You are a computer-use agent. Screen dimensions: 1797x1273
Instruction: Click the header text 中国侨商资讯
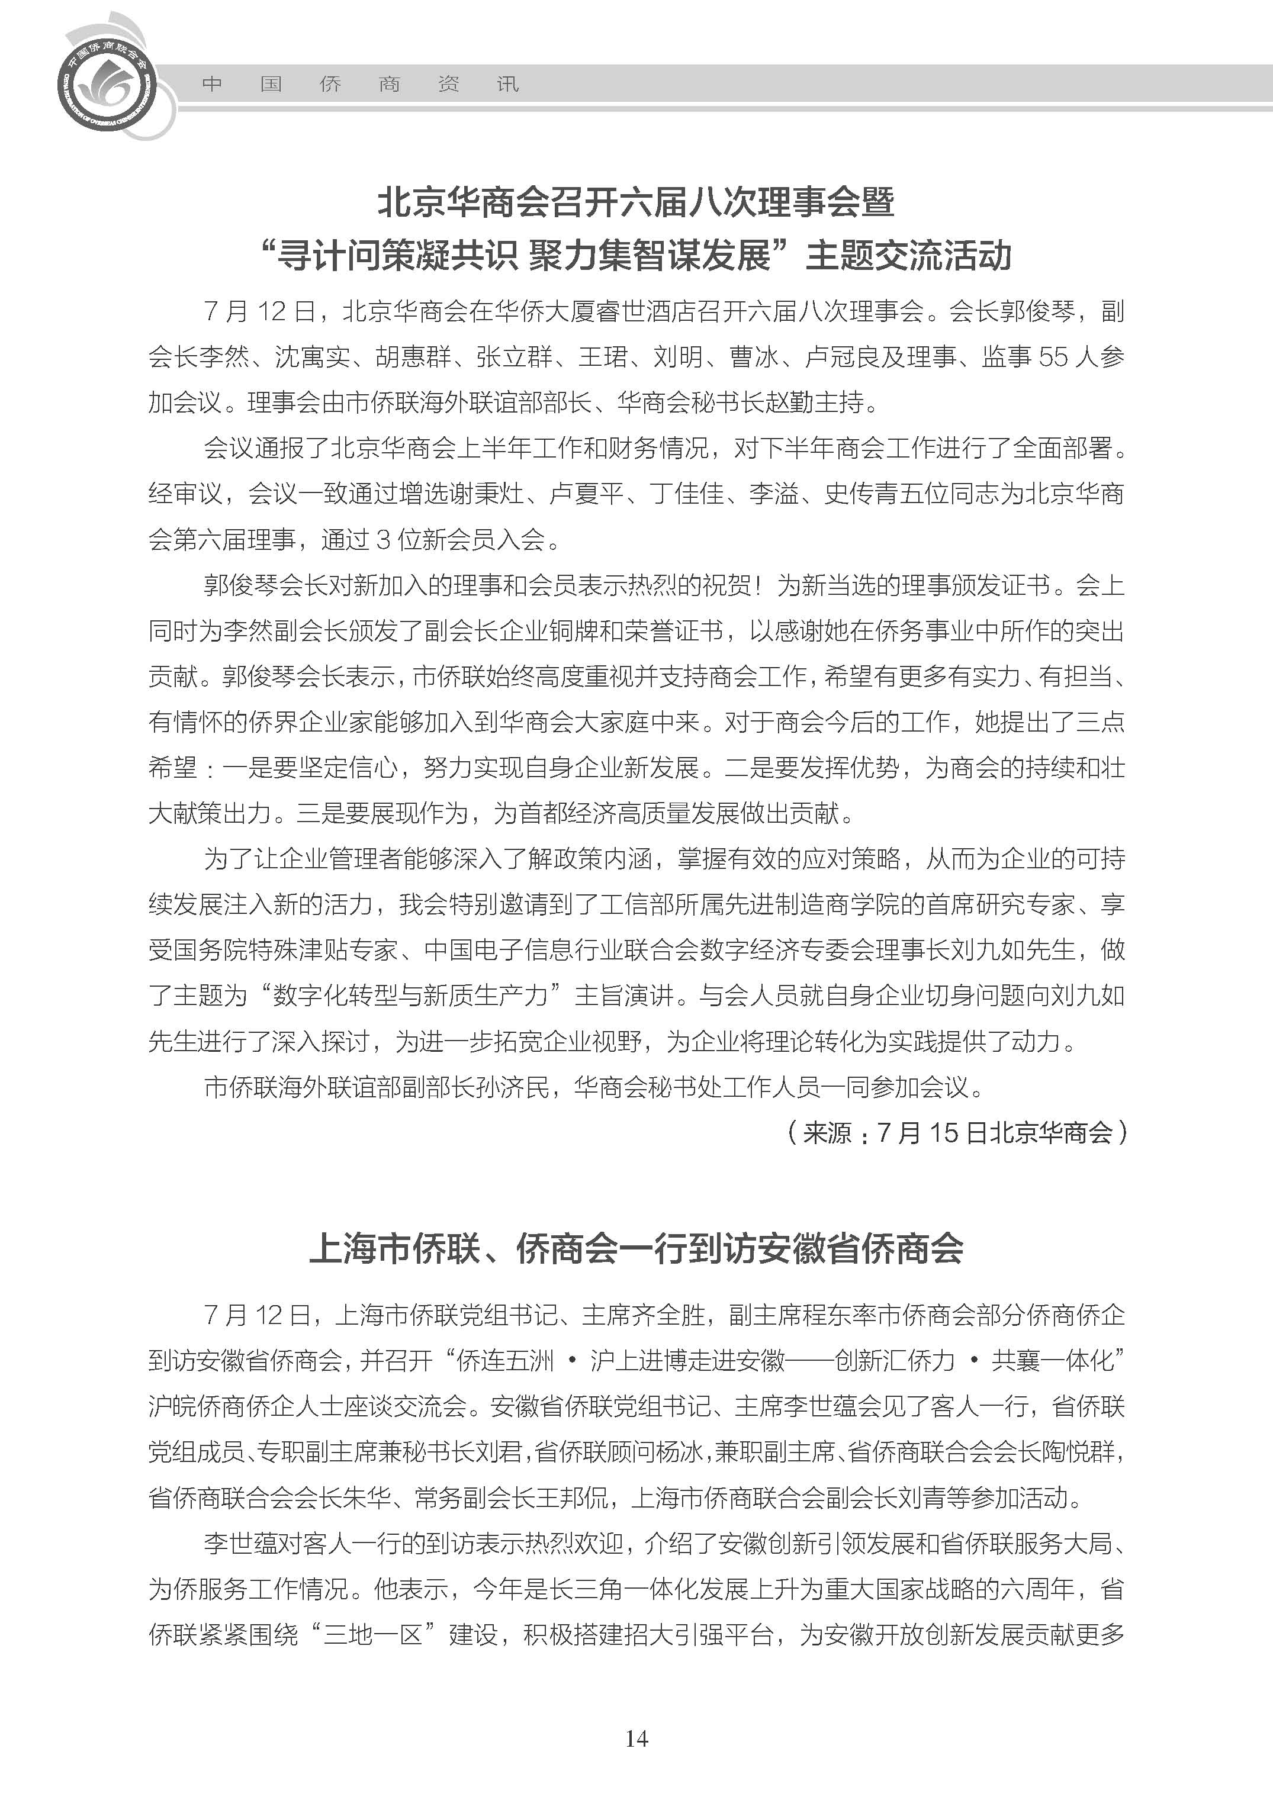360,84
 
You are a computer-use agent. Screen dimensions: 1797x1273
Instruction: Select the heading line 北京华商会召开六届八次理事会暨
636,202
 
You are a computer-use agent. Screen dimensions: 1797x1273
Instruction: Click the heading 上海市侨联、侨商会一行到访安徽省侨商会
636,1248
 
